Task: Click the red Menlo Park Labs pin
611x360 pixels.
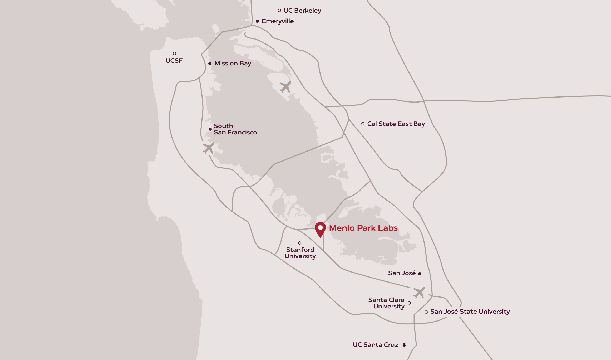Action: tap(320, 229)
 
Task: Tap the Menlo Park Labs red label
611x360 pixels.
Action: tap(363, 228)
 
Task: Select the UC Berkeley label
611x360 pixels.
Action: tap(302, 11)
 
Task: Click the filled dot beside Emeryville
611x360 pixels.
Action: tap(257, 21)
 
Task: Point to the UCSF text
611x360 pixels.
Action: tap(174, 61)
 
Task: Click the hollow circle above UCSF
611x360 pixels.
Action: tap(174, 53)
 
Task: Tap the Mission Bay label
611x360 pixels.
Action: tap(233, 63)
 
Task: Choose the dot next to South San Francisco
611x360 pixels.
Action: tap(210, 129)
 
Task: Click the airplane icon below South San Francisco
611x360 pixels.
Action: tap(209, 148)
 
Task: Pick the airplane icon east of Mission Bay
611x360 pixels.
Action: tap(285, 87)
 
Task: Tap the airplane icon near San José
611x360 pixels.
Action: tap(419, 292)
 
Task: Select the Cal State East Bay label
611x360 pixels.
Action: tap(396, 124)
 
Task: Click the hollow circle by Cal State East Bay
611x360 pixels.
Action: tap(363, 124)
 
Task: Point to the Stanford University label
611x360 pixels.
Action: tap(300, 253)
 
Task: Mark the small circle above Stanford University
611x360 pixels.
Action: tap(300, 243)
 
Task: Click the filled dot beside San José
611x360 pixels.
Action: tap(420, 274)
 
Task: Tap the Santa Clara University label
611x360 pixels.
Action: tap(386, 303)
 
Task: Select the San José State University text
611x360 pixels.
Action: tap(470, 312)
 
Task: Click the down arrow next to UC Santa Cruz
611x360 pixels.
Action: tap(404, 345)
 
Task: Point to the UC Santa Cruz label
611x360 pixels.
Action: tap(375, 345)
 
